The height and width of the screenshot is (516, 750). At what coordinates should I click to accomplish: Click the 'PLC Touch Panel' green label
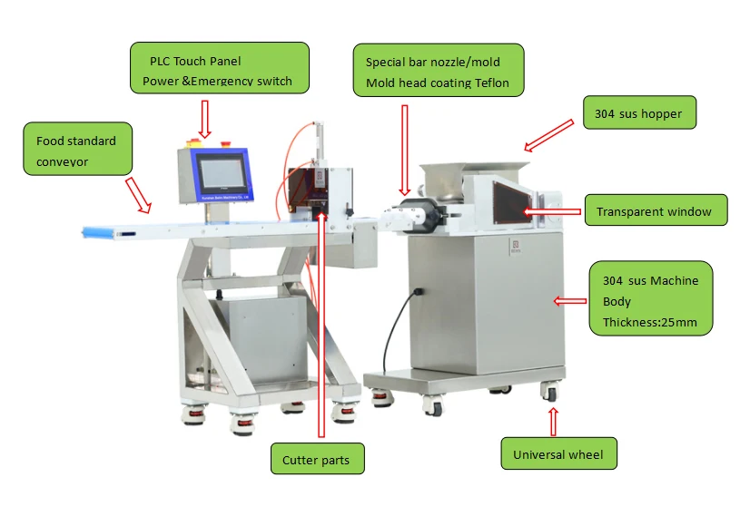click(219, 67)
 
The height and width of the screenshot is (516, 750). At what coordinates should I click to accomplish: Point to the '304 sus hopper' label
click(638, 114)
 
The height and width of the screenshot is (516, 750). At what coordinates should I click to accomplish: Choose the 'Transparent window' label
click(654, 212)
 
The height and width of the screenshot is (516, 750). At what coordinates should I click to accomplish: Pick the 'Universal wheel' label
click(558, 454)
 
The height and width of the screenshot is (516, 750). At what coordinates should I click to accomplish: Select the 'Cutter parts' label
click(316, 459)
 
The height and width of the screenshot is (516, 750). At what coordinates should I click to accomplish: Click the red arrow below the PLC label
click(205, 116)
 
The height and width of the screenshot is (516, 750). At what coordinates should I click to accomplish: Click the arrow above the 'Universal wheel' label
click(554, 420)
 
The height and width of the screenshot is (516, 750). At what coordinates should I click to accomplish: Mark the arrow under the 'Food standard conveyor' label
click(137, 194)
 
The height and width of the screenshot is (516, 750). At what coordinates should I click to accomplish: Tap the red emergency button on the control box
click(190, 143)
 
